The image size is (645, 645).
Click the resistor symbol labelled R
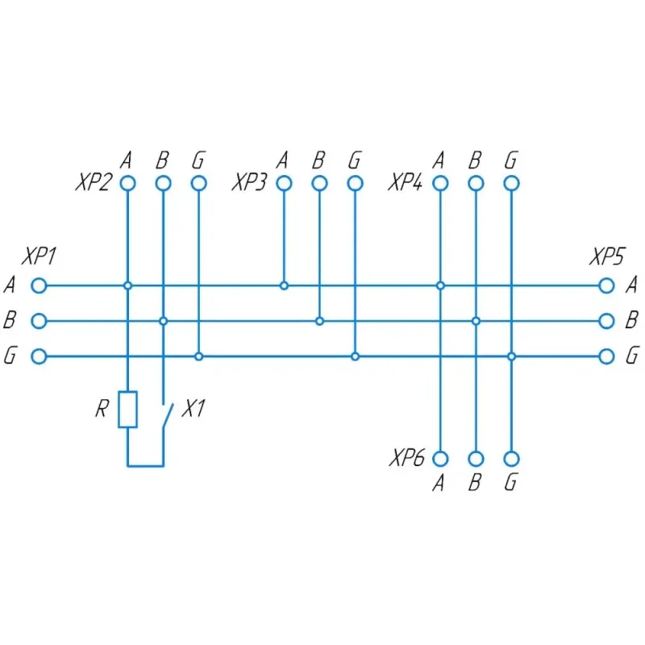127,410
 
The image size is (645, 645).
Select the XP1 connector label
39,256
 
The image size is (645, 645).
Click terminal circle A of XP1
39,285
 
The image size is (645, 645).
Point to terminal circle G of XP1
39,356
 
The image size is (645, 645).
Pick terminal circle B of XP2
164,183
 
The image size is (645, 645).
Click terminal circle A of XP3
284,183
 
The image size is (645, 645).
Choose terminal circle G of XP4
511,183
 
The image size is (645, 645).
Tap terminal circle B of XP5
606,321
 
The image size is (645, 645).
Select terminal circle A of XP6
440,459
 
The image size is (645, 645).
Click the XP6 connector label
407,458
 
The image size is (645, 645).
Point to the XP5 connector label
607,256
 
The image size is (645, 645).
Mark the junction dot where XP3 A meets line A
284,285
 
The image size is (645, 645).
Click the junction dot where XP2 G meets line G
198,356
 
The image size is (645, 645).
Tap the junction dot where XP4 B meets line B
476,321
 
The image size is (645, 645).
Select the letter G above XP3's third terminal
355,160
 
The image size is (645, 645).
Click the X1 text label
193,409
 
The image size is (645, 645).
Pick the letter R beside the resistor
102,409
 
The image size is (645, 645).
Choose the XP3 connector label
250,182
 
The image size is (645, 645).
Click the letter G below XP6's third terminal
511,482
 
